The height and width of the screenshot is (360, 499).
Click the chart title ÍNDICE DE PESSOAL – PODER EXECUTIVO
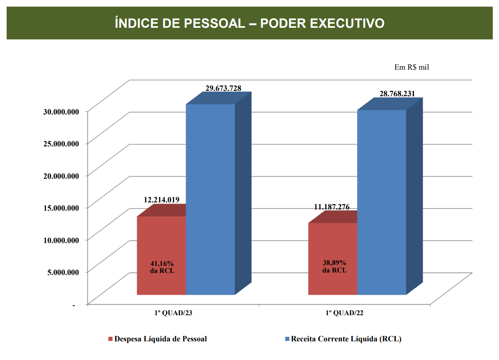tap(249, 23)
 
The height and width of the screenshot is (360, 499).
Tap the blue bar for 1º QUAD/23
tap(210, 199)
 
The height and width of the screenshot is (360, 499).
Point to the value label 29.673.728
tap(223, 88)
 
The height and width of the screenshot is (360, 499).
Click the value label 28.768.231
tap(397, 94)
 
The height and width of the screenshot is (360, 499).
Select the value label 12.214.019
tap(161, 200)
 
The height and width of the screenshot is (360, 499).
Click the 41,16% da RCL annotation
tap(162, 267)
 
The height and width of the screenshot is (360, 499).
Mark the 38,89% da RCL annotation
tap(334, 266)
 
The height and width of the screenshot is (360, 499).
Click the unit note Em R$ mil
tap(411, 67)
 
